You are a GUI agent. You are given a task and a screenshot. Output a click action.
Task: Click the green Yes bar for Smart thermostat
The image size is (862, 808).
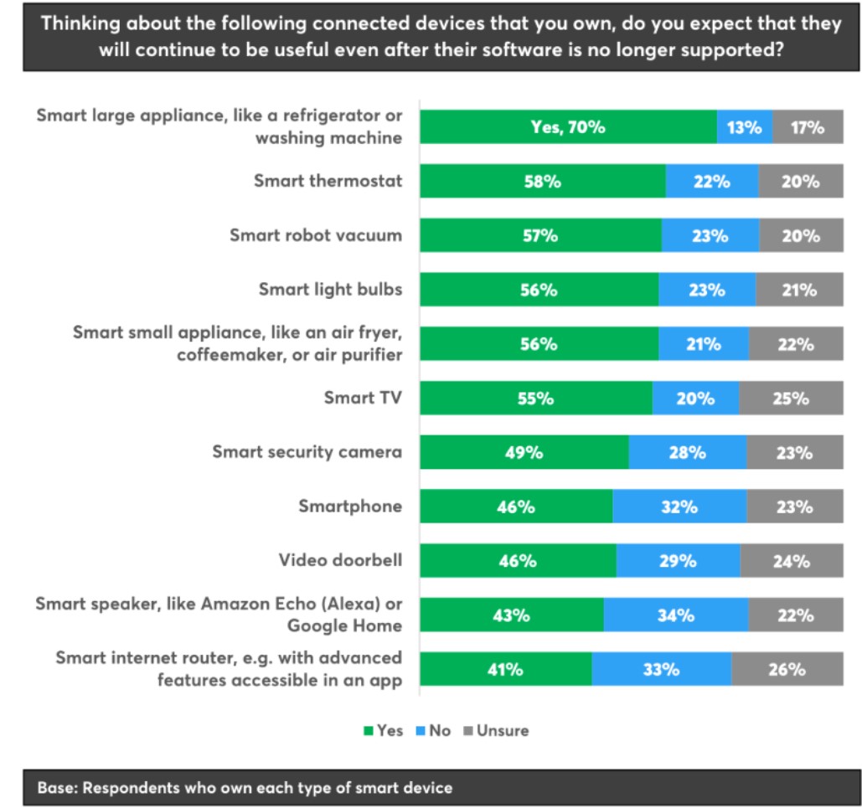click(x=542, y=182)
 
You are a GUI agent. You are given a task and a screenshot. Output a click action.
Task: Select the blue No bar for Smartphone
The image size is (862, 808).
click(x=679, y=507)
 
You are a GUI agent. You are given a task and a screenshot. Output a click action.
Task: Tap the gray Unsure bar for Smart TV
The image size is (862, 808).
click(x=791, y=399)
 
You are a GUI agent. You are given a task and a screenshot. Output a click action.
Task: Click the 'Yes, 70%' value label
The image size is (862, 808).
click(x=569, y=128)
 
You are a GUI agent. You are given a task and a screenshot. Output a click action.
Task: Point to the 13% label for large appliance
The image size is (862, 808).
click(x=744, y=128)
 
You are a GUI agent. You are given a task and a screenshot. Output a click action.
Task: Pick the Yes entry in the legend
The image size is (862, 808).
click(x=383, y=731)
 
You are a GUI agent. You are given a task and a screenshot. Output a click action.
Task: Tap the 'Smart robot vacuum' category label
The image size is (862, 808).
click(x=316, y=236)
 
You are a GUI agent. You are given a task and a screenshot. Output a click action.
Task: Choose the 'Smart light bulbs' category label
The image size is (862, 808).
click(x=331, y=290)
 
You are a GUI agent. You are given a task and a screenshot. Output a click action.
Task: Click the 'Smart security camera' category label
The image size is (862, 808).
click(x=307, y=452)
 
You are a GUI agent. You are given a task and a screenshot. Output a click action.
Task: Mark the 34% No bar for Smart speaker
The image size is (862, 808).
click(x=675, y=615)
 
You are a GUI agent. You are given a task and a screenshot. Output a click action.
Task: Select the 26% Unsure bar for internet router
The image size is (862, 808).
click(x=787, y=670)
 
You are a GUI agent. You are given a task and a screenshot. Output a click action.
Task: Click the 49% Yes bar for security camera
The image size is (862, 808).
click(x=524, y=453)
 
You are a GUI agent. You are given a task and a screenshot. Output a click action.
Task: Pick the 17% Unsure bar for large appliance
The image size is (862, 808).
click(x=808, y=128)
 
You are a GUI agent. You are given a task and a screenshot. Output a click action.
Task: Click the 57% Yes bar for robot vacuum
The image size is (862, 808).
click(x=540, y=236)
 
